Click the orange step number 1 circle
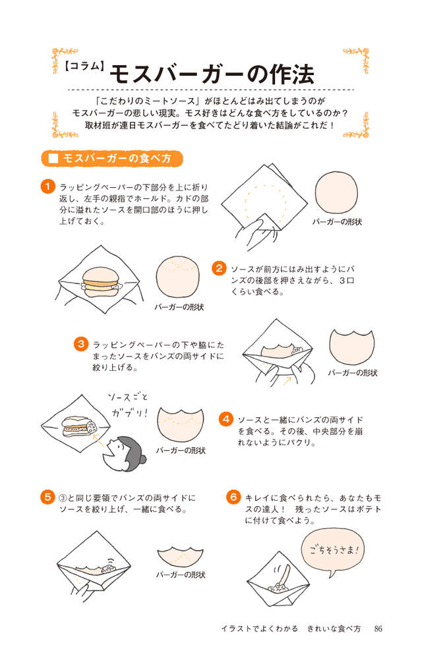47,186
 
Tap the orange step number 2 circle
219,268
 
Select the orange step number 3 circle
81,344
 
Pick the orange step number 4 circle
226,419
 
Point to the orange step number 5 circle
47,497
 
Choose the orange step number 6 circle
233,497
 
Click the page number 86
378,629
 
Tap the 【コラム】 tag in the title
84,67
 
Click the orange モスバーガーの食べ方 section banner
112,159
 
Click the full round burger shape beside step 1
336,192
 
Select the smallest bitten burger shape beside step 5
181,557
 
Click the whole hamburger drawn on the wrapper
100,282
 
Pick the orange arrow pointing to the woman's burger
98,441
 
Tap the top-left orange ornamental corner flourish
65,60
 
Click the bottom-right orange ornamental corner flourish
357,125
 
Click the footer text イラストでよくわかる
260,629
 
